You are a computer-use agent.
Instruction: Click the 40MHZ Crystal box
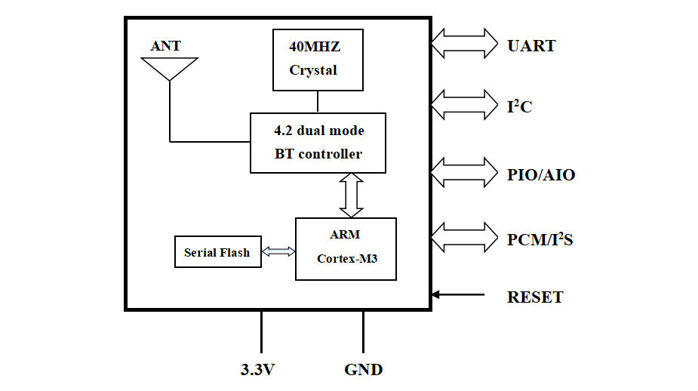tap(317, 60)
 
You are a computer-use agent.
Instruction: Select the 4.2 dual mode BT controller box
tap(318, 143)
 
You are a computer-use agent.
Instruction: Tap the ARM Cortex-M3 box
tap(346, 248)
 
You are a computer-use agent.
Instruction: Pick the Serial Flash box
tap(217, 252)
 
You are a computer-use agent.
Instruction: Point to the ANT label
tap(166, 46)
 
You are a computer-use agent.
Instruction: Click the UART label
tap(532, 46)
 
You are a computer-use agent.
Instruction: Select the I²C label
tap(519, 107)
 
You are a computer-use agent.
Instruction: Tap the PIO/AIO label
tap(541, 175)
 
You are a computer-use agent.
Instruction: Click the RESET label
tap(535, 297)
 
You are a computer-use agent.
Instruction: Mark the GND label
tap(364, 370)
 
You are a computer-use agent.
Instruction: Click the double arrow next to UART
tap(464, 44)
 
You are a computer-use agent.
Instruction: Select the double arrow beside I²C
tap(464, 105)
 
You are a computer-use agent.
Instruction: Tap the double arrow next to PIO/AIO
tap(464, 173)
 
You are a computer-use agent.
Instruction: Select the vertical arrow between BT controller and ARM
tap(352, 195)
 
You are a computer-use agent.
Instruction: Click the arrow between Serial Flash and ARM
tap(278, 252)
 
